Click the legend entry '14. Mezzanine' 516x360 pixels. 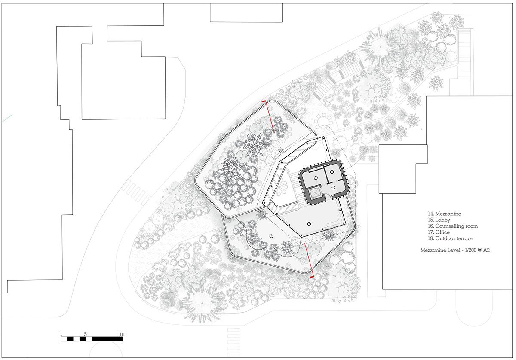coord(444,214)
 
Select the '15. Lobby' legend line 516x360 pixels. coord(439,220)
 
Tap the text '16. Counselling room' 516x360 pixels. coord(453,226)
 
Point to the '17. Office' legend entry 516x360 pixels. coord(439,232)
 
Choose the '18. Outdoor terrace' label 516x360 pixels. coord(450,238)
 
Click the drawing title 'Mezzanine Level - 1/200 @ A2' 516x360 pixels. coord(455,250)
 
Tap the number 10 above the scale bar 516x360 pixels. coord(122,334)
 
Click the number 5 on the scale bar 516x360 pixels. coord(85,334)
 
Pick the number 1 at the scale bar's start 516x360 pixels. coord(61,334)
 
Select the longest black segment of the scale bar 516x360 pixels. coord(107,339)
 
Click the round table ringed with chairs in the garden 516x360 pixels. coord(323,121)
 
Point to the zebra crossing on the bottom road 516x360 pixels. coord(233,342)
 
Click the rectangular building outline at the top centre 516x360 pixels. coord(246,13)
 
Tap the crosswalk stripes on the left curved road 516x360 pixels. coord(136,192)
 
